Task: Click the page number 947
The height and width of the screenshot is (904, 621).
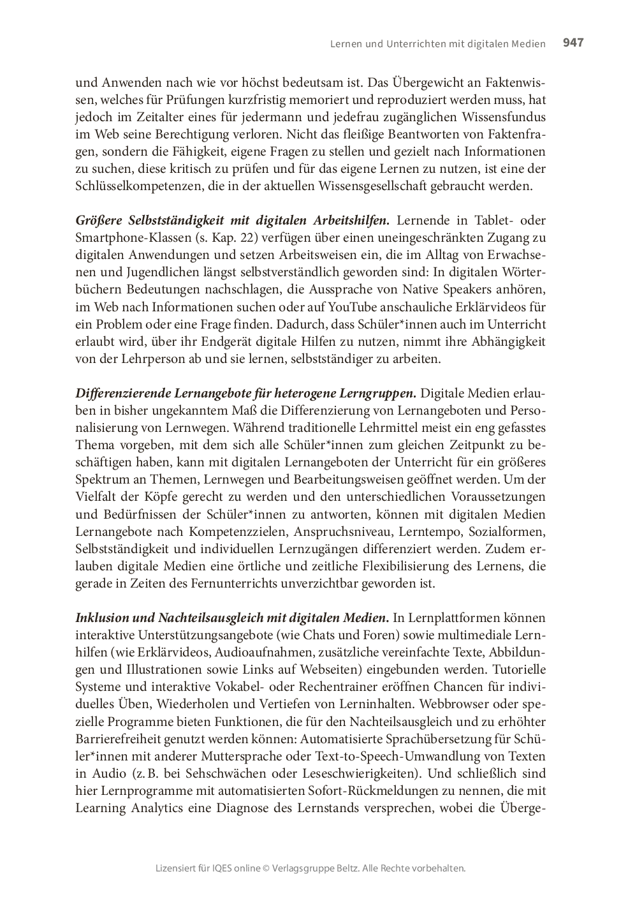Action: (x=573, y=43)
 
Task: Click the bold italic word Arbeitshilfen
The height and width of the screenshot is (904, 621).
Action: (x=351, y=221)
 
